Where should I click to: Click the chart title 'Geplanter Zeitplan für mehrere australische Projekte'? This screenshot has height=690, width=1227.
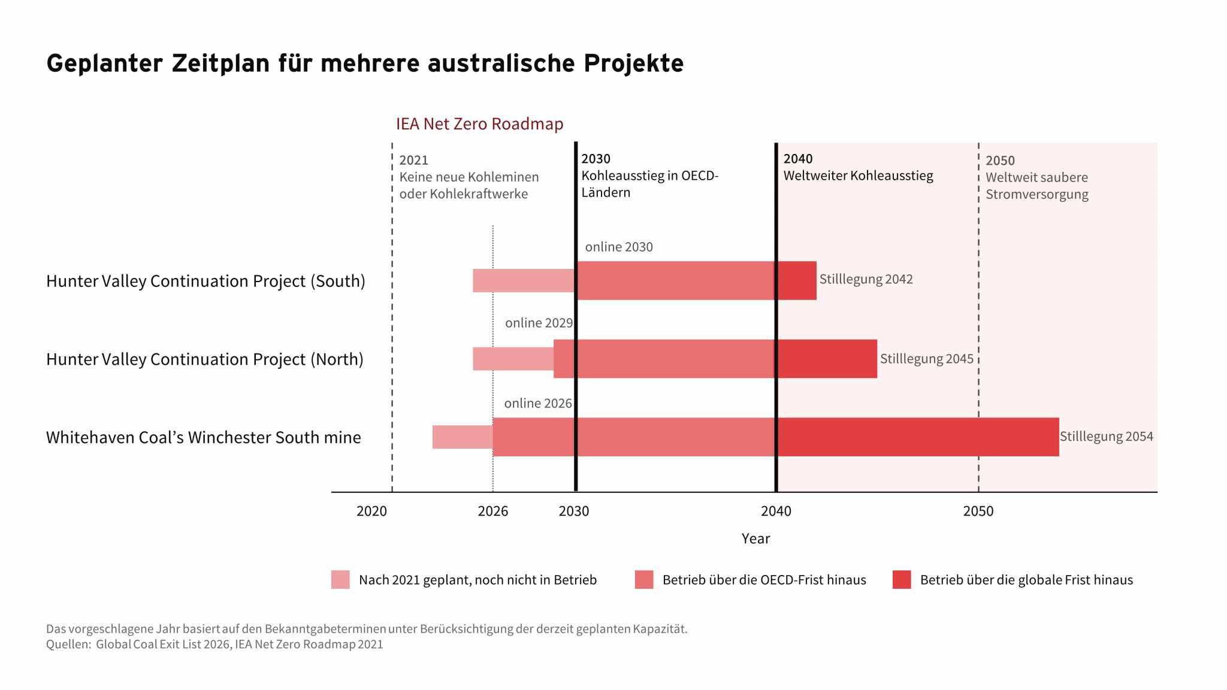(365, 63)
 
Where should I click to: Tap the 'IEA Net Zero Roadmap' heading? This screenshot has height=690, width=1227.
(479, 124)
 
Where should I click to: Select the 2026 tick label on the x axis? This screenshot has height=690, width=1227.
(492, 511)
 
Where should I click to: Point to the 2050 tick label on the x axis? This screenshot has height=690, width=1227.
(978, 511)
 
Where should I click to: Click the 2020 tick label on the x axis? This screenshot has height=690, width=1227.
(371, 511)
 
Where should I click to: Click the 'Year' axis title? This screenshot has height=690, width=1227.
(755, 538)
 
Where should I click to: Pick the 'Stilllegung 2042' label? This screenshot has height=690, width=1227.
(866, 279)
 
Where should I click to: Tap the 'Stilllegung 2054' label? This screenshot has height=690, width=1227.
(1106, 437)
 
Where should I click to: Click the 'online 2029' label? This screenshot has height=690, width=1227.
(539, 323)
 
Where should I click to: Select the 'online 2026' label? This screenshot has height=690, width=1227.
(538, 403)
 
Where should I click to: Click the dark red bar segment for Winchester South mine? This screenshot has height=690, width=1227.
(918, 437)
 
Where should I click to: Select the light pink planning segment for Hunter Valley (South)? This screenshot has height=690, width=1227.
(524, 280)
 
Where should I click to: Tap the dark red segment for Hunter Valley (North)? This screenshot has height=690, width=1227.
(827, 359)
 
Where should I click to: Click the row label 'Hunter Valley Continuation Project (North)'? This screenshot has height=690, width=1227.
(205, 359)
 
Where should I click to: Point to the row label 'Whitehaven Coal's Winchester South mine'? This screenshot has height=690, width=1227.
(204, 437)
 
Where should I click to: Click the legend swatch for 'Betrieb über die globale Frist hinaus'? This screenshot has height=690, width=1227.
(902, 580)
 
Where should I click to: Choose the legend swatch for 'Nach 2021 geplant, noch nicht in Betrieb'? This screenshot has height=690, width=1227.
(340, 580)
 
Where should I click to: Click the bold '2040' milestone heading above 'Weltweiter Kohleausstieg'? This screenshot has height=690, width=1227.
(798, 159)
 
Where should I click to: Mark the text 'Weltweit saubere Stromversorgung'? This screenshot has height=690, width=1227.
(1037, 186)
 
